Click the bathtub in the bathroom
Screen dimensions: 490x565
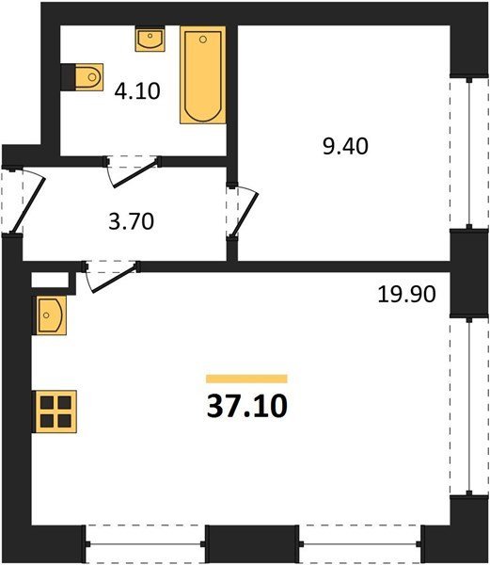(203, 75)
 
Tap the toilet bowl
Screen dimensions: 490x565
(89, 77)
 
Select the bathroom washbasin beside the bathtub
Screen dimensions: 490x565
(150, 39)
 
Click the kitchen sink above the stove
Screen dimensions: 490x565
(50, 315)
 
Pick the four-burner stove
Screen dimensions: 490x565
(55, 412)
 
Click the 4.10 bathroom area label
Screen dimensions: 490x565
(137, 91)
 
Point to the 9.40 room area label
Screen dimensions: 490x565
(345, 147)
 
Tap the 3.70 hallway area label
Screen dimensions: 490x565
(132, 221)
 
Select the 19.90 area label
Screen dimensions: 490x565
(406, 294)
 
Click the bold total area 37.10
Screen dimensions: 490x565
(247, 406)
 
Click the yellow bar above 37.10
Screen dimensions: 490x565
(246, 379)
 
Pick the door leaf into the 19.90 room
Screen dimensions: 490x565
(115, 278)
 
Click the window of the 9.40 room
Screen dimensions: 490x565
(469, 153)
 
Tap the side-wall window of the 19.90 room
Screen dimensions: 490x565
(468, 406)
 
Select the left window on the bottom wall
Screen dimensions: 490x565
(146, 544)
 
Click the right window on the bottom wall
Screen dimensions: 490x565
(360, 544)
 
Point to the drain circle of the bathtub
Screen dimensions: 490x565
(203, 40)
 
